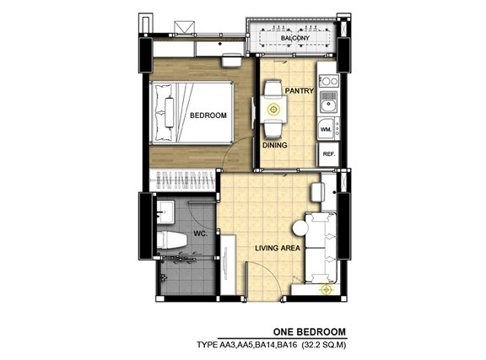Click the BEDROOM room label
(208, 116)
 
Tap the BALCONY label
(294, 38)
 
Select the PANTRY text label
(300, 91)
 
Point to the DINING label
(275, 145)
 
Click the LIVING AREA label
(278, 248)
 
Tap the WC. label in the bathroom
(200, 234)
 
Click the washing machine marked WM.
(326, 129)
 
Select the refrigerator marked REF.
(328, 154)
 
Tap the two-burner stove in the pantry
(329, 81)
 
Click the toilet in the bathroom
(171, 240)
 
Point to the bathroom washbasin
(165, 212)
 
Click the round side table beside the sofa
(300, 228)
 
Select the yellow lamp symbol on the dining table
(273, 109)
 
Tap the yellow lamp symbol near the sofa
(326, 290)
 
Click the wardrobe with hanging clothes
(182, 180)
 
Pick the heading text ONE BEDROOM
(309, 332)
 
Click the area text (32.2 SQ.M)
(324, 345)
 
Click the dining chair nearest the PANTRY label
(273, 89)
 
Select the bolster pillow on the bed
(170, 112)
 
